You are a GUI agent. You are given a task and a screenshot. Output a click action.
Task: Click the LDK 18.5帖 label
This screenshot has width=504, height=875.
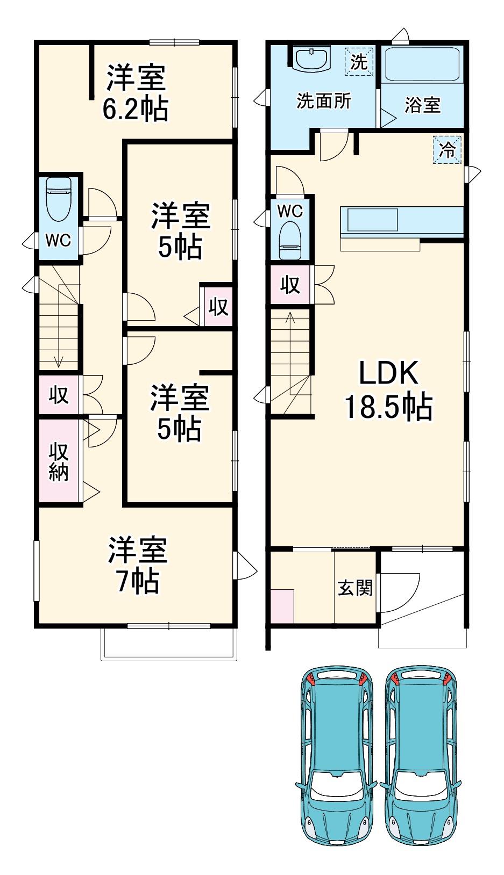tap(388, 390)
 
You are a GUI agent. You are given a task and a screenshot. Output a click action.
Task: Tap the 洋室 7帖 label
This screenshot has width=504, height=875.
tap(138, 565)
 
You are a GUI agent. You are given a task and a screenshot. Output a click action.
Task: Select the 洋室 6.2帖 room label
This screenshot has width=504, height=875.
tap(136, 93)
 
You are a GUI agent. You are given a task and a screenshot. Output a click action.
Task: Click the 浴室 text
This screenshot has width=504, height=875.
tap(423, 105)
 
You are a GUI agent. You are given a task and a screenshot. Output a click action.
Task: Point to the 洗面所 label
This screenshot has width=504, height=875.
tap(324, 101)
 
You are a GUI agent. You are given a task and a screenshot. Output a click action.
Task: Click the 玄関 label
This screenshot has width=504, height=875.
tap(356, 588)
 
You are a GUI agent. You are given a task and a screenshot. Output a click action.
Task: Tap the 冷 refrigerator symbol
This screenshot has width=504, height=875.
tap(448, 150)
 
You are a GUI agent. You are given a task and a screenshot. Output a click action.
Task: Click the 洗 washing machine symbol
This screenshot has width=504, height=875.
tap(359, 61)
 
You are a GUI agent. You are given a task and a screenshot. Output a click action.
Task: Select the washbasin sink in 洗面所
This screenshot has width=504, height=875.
tap(311, 59)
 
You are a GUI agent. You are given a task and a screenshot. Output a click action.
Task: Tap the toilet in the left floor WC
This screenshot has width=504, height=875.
tap(59, 200)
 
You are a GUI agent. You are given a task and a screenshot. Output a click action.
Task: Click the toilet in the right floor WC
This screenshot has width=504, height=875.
tap(290, 241)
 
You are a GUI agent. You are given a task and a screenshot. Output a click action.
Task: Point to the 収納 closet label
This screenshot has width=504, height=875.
tap(59, 462)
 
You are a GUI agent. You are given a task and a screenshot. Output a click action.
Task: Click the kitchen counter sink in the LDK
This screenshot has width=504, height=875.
tap(370, 220)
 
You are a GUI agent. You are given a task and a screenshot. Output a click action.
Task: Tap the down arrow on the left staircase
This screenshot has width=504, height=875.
tap(59, 326)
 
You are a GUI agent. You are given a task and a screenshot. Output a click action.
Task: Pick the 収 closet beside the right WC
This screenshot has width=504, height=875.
tap(290, 285)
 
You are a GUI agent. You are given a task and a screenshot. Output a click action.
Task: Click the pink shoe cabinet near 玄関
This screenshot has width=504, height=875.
tap(282, 606)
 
